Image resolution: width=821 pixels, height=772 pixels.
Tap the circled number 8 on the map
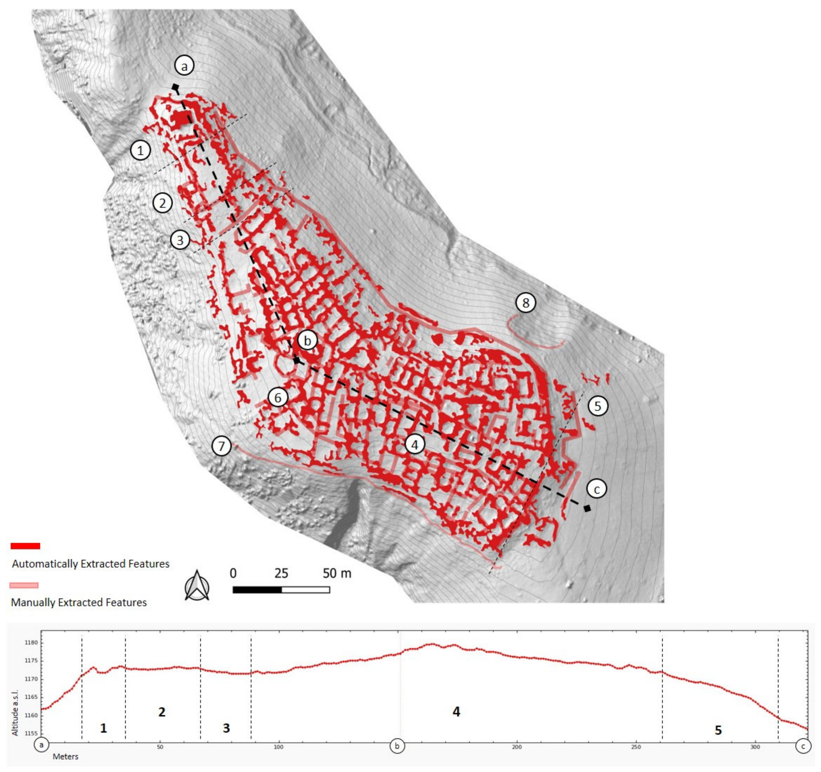pos(525,303)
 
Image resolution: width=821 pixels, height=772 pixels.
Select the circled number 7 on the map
pos(222,446)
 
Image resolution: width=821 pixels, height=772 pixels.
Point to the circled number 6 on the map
pos(278,398)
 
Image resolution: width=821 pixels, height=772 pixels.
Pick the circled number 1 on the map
pos(140,150)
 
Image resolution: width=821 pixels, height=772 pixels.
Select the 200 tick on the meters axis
pos(517,747)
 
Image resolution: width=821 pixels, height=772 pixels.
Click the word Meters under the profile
pos(66,757)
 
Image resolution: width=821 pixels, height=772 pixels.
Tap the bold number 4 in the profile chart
pos(456,711)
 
